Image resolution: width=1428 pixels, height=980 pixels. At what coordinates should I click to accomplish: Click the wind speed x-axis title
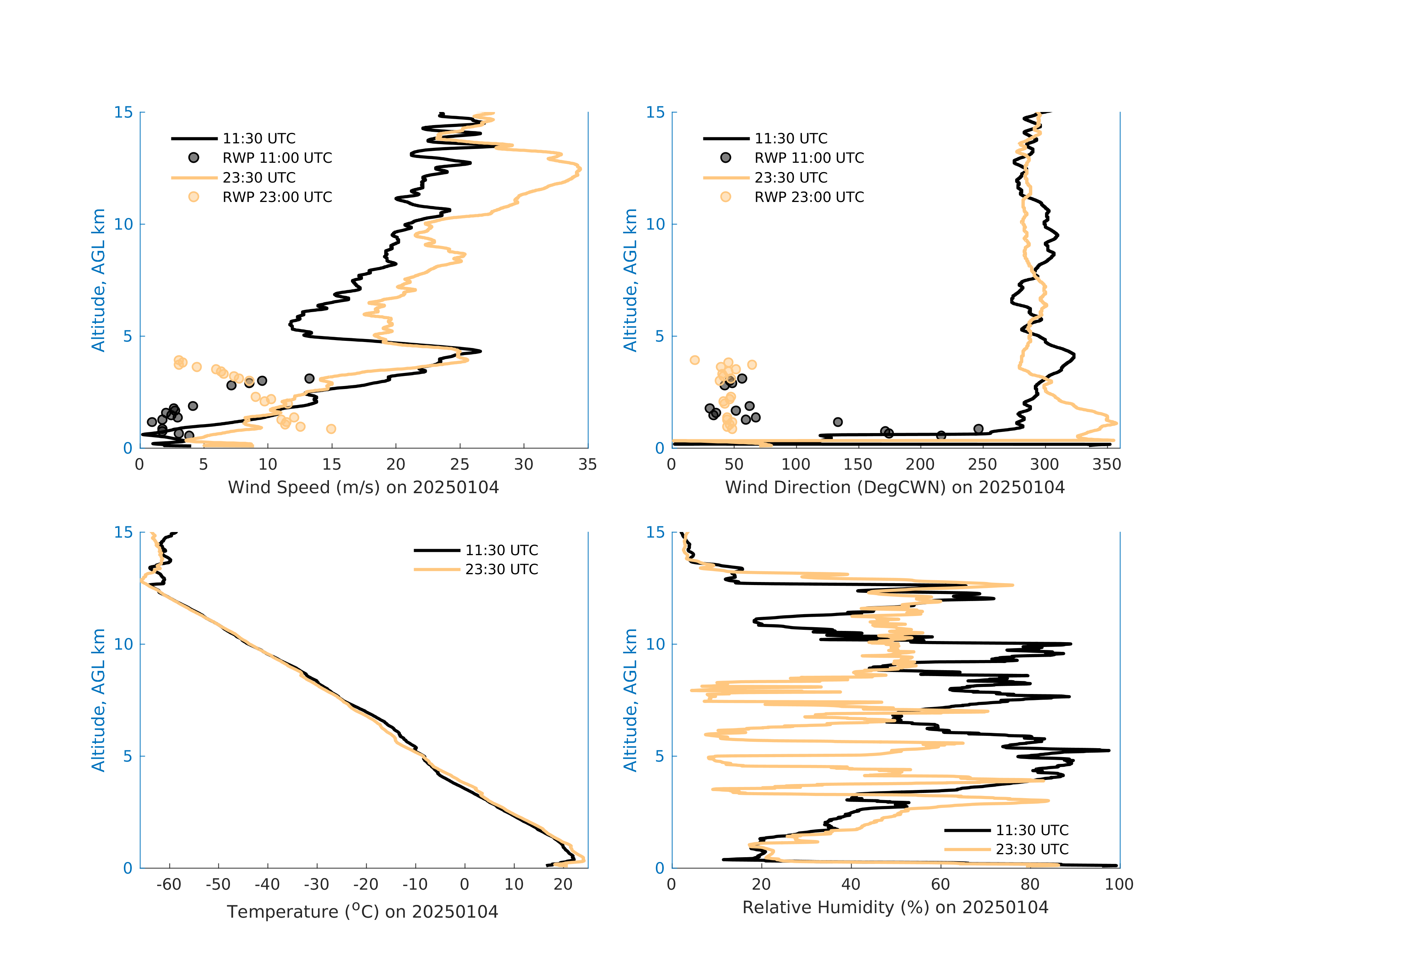pyautogui.click(x=363, y=487)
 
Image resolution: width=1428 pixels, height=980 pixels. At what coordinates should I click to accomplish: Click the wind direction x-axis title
pyautogui.click(x=895, y=487)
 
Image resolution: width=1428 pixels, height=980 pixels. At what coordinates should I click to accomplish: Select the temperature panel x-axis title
pyautogui.click(x=363, y=911)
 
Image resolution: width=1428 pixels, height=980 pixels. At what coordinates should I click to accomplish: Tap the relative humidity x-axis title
pyautogui.click(x=895, y=908)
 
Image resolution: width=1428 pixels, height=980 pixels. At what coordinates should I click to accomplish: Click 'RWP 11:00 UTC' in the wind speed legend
pyautogui.click(x=277, y=158)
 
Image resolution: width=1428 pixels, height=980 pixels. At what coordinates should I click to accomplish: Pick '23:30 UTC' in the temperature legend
pyautogui.click(x=501, y=570)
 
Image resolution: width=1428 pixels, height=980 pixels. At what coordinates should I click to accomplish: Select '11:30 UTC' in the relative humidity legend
pyautogui.click(x=1032, y=830)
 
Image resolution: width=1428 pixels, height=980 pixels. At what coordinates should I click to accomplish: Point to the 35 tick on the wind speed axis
pyautogui.click(x=587, y=464)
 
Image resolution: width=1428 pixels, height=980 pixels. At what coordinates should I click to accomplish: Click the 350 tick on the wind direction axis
pyautogui.click(x=1107, y=464)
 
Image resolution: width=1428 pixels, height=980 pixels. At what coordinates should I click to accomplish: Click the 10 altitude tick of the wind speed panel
pyautogui.click(x=124, y=224)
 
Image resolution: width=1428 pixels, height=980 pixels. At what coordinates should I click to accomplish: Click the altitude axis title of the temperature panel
pyautogui.click(x=98, y=700)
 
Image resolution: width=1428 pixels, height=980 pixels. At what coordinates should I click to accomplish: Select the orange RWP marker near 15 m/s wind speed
pyautogui.click(x=331, y=429)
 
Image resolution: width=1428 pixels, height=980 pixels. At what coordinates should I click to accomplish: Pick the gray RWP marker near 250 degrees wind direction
pyautogui.click(x=978, y=429)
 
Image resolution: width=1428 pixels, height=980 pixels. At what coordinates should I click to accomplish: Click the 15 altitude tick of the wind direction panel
pyautogui.click(x=656, y=112)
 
